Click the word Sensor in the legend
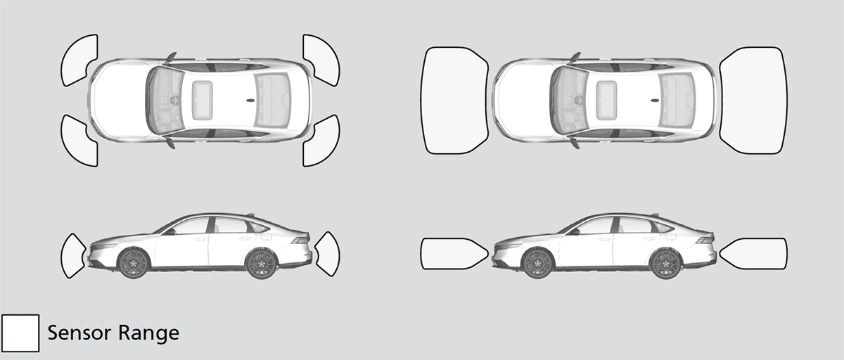tap(77, 332)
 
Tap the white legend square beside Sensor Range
tap(20, 332)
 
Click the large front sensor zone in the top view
tap(454, 99)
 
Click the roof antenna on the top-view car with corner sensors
tap(251, 100)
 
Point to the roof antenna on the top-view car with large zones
tap(656, 100)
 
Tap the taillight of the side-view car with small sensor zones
tap(300, 240)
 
